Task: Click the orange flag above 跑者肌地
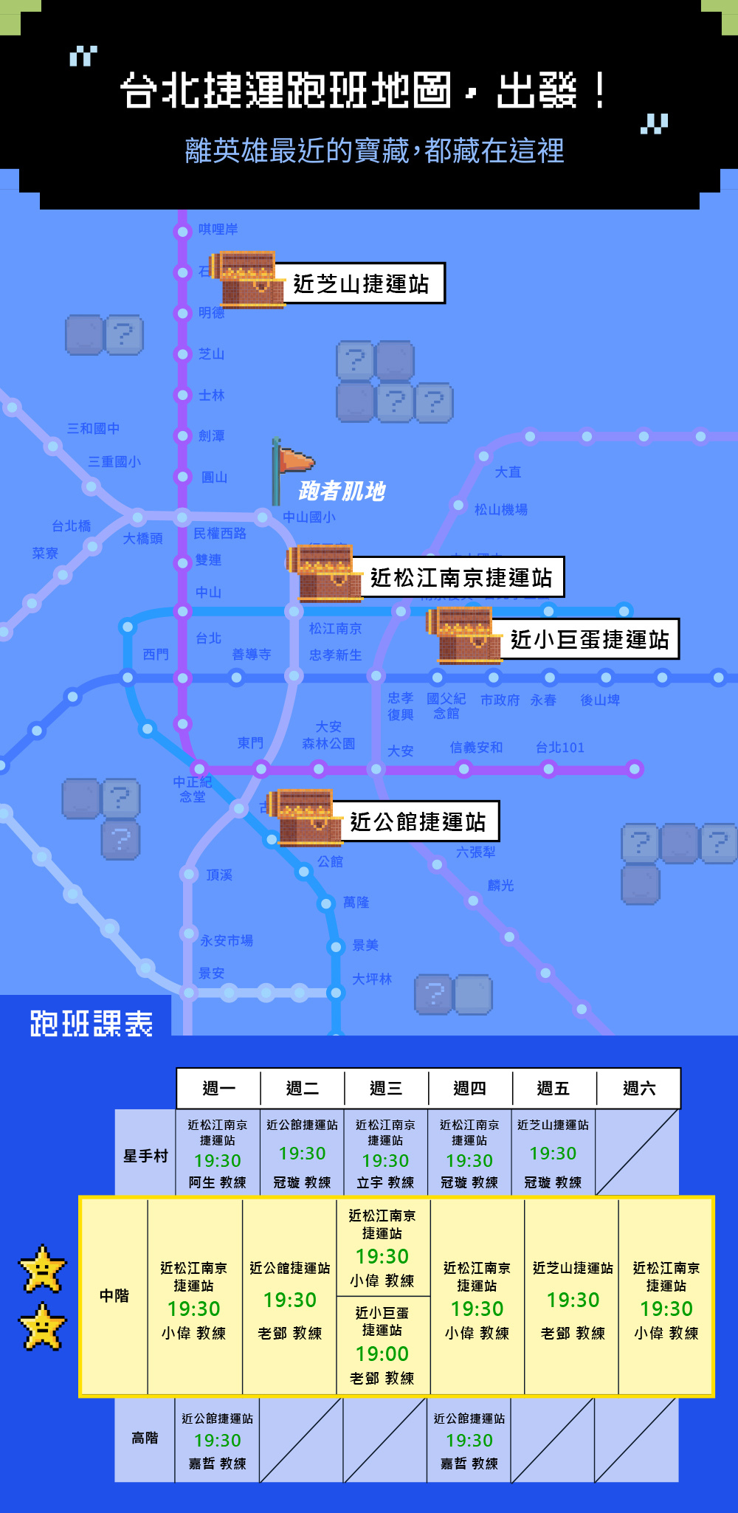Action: (294, 461)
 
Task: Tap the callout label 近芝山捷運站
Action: (360, 283)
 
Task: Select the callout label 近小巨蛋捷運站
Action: (589, 639)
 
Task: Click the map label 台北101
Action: (559, 748)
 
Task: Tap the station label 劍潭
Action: (211, 436)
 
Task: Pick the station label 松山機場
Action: (500, 509)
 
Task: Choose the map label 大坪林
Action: (371, 979)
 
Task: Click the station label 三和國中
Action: (93, 429)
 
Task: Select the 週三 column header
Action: (385, 1088)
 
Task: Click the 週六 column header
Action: (638, 1088)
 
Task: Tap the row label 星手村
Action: (145, 1156)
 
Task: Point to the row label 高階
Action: (145, 1438)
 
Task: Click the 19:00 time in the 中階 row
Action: (382, 1354)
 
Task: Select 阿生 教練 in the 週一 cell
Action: (217, 1182)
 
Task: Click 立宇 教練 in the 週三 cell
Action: (385, 1182)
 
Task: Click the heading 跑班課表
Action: (92, 1024)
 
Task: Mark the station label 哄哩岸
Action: (218, 230)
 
